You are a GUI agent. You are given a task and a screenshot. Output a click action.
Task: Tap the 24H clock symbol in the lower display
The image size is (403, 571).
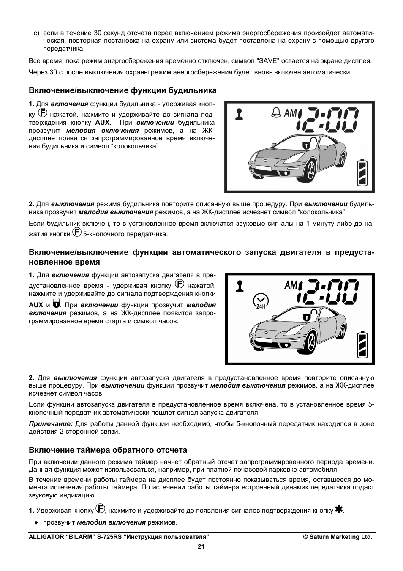[x=260, y=301]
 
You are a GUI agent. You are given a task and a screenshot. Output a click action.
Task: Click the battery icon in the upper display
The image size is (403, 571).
[x=362, y=172]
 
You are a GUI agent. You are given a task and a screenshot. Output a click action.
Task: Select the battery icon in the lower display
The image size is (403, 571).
[x=362, y=345]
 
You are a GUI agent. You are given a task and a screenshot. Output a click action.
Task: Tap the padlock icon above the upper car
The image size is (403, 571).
[x=306, y=144]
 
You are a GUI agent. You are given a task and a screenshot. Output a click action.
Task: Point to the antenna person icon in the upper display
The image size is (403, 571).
[x=240, y=114]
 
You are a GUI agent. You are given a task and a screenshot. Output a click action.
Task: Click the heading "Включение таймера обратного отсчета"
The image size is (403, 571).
[x=108, y=450]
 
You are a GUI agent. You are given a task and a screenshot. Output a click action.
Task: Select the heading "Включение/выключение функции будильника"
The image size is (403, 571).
[x=123, y=90]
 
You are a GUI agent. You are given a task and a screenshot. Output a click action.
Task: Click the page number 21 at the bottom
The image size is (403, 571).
[x=201, y=546]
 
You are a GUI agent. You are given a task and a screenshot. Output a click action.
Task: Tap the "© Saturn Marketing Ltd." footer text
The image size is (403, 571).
[x=338, y=537]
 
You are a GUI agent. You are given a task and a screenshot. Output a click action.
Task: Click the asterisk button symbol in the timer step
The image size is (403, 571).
[x=338, y=509]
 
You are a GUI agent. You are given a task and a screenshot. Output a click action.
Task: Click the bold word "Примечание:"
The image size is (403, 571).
[x=51, y=423]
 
